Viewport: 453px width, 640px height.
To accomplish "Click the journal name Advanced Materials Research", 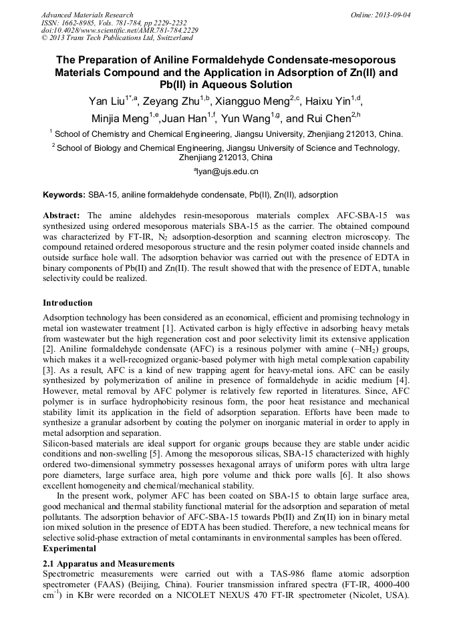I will [x=87, y=15].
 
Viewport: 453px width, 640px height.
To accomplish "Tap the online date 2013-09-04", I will [x=393, y=15].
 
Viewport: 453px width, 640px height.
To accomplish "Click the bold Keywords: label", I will [x=64, y=195].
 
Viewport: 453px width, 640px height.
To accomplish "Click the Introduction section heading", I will [x=67, y=302].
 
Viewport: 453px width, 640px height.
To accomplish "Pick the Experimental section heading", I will [x=69, y=548].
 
